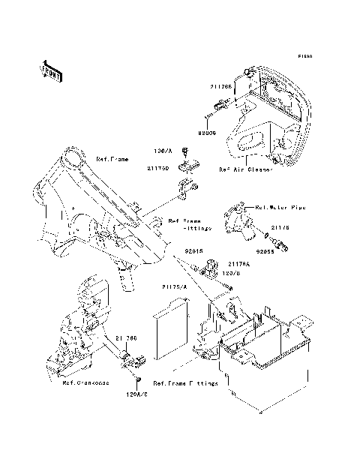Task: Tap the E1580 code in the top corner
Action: [304, 56]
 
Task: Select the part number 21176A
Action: [239, 264]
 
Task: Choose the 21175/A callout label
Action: [173, 286]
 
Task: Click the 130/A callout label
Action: [163, 151]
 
